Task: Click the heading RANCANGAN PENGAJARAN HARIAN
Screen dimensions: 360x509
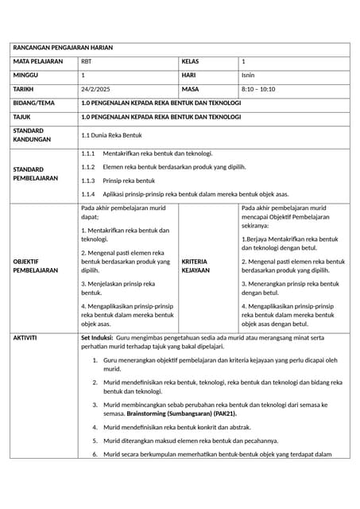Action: coord(64,48)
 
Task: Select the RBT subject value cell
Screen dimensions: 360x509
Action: coord(86,62)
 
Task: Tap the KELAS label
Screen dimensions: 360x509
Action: coord(192,61)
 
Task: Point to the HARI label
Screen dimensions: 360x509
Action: coord(189,75)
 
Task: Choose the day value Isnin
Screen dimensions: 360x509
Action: coord(248,75)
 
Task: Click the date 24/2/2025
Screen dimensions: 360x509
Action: coord(96,89)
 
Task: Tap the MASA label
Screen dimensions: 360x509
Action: coord(191,89)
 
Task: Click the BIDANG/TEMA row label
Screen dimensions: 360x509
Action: coord(35,103)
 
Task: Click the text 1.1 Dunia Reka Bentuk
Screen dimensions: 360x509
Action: coord(111,136)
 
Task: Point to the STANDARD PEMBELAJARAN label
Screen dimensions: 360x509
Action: coord(37,173)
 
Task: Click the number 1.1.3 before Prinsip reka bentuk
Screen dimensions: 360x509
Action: coord(88,181)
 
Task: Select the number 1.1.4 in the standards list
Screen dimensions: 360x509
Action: coord(88,194)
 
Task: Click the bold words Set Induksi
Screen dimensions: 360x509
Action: coord(97,338)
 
